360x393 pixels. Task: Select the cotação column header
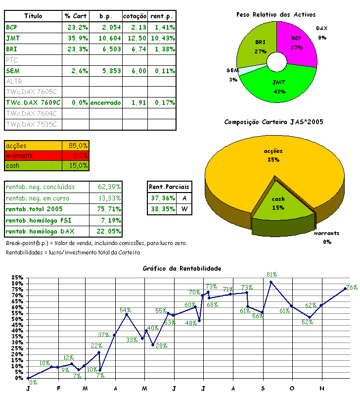point(135,16)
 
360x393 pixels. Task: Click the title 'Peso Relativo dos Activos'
point(276,15)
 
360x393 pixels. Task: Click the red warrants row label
point(19,155)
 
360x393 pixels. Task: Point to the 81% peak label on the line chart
point(271,274)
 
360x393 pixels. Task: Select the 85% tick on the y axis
point(18,278)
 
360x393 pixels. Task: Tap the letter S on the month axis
point(263,388)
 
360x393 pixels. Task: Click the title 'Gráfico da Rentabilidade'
point(182,268)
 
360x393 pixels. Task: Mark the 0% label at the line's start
point(33,382)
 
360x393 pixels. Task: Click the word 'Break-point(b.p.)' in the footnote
point(28,244)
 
